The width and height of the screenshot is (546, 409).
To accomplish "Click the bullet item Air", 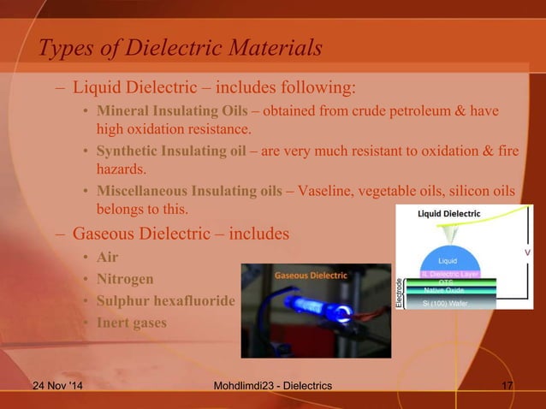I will pyautogui.click(x=107, y=258).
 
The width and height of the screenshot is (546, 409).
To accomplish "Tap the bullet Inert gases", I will pyautogui.click(x=133, y=323).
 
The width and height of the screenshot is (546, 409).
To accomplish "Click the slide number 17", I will pyautogui.click(x=506, y=390).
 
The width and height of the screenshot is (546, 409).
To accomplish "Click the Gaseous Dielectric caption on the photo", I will pyautogui.click(x=310, y=276).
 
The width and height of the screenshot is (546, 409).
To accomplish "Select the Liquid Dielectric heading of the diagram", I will pyautogui.click(x=448, y=213).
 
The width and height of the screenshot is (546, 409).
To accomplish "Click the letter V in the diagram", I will pyautogui.click(x=526, y=253).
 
